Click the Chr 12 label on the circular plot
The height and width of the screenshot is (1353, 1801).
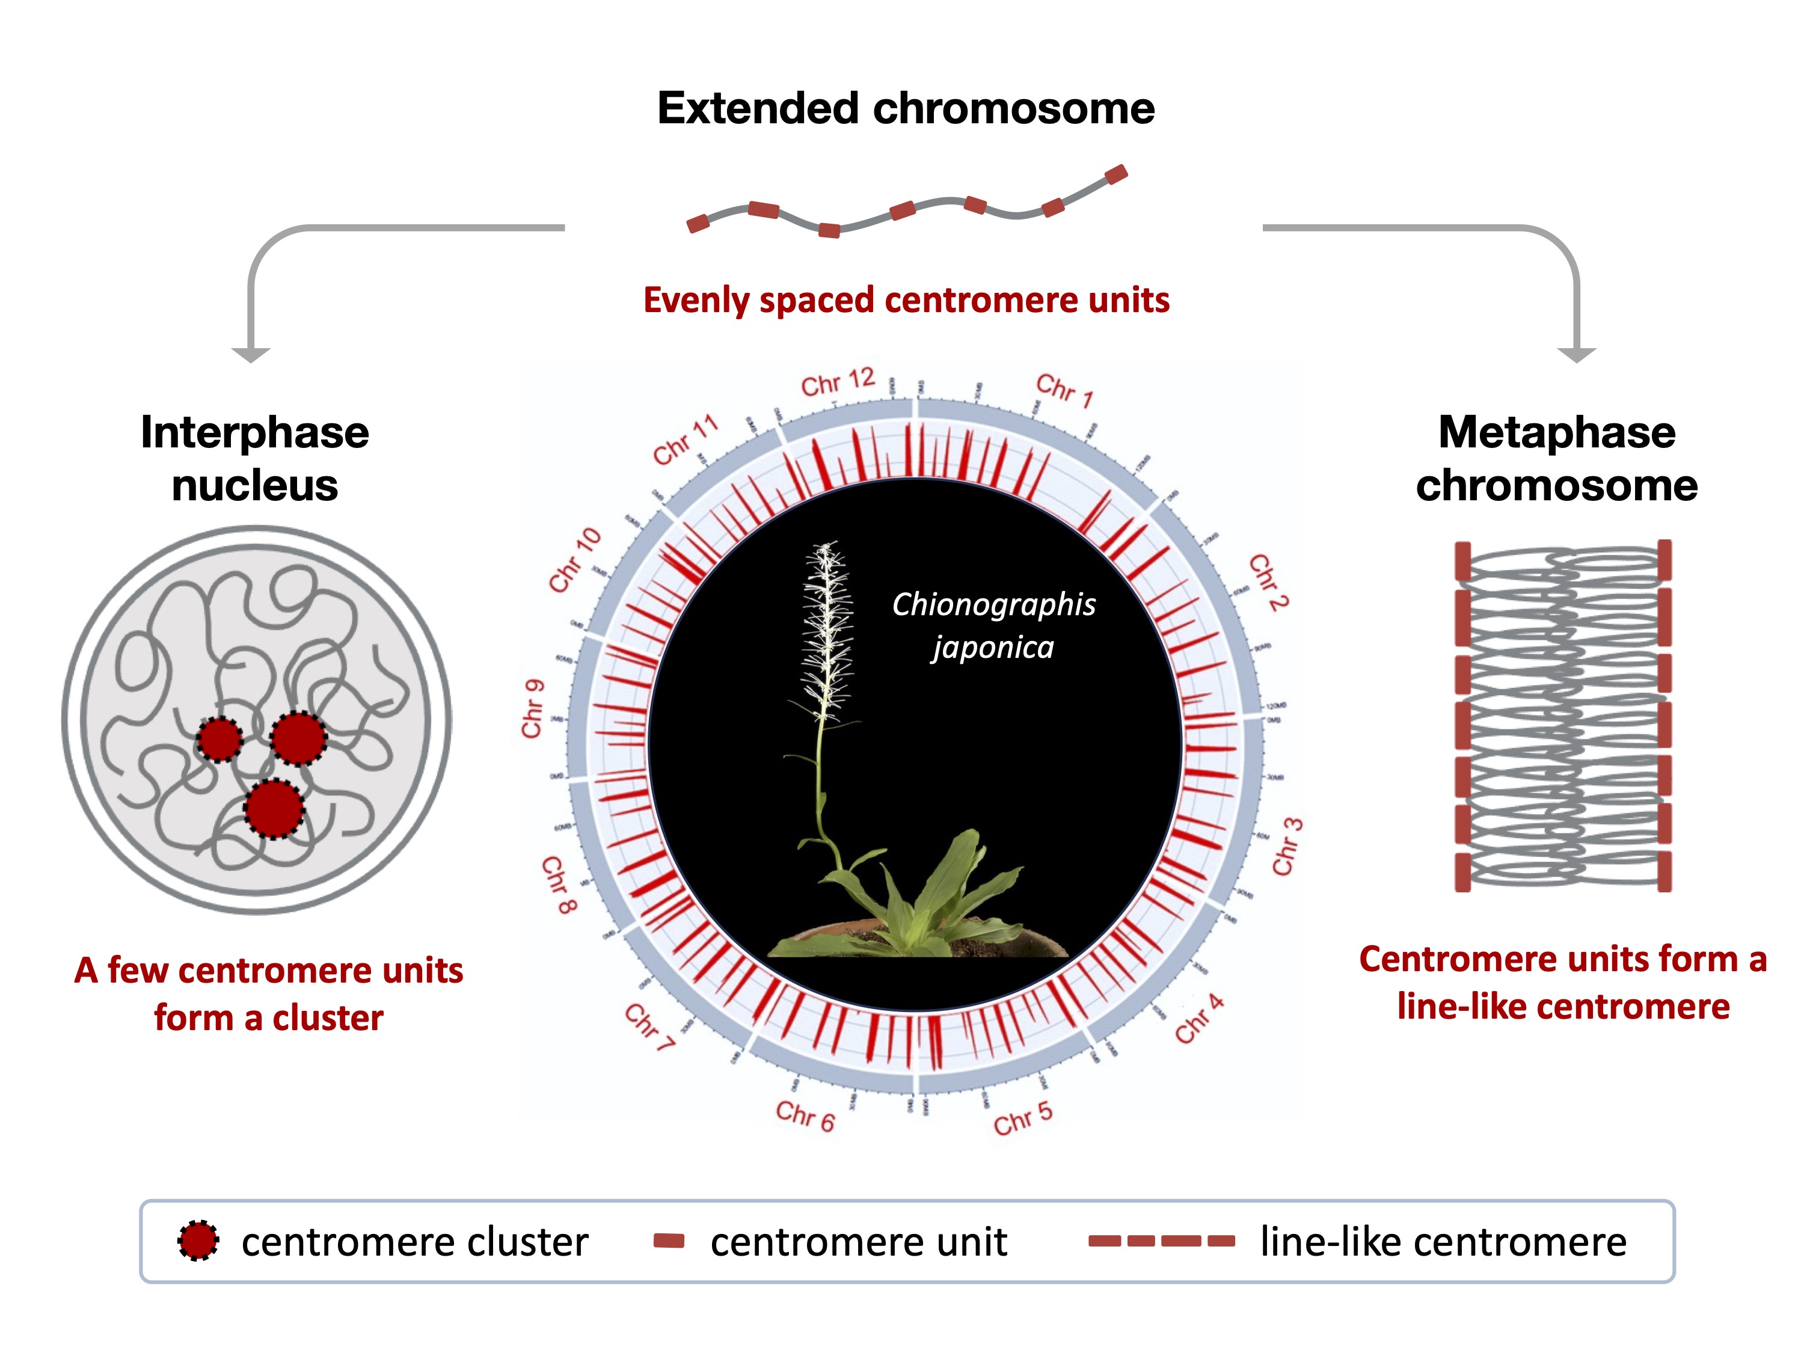(x=837, y=382)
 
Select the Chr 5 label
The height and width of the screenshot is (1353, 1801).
(x=1023, y=1118)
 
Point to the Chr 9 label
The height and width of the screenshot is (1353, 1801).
(x=533, y=708)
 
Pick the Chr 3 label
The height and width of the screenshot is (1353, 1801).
(x=1287, y=847)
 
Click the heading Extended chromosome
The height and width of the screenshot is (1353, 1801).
(x=906, y=108)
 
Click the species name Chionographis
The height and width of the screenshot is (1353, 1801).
(x=993, y=605)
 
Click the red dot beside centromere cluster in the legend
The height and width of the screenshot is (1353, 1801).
(x=198, y=1241)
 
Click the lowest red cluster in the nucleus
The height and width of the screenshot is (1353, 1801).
(x=274, y=808)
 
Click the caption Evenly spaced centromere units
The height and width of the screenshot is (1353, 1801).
(x=906, y=301)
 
